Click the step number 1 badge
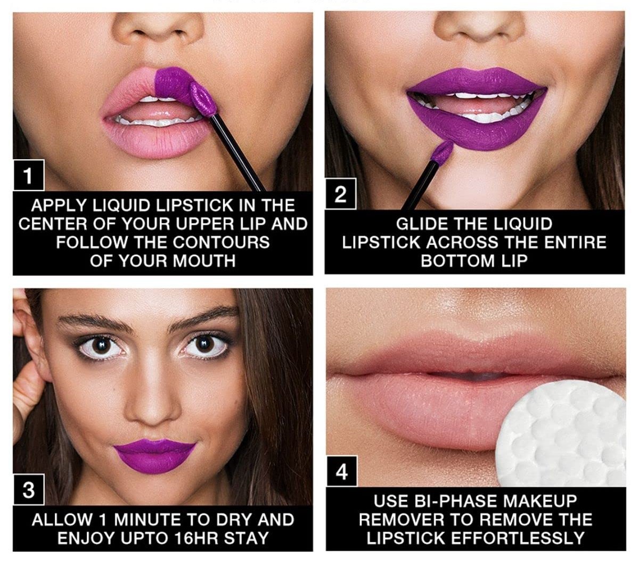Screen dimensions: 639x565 coord(28,175)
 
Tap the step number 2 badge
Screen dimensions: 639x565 coord(340,194)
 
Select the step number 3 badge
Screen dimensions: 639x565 coord(28,490)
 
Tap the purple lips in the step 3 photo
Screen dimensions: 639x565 coord(154,454)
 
